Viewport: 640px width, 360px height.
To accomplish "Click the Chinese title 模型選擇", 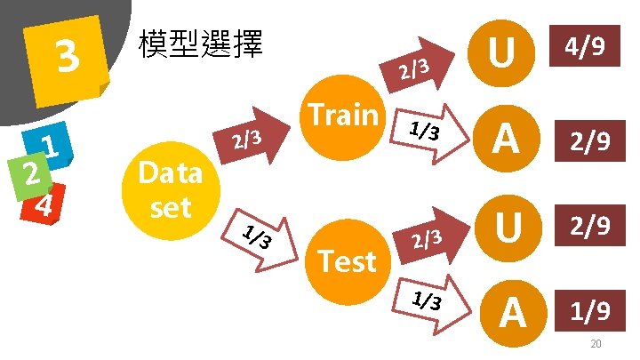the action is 201,44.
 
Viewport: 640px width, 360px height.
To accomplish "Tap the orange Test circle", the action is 348,260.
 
